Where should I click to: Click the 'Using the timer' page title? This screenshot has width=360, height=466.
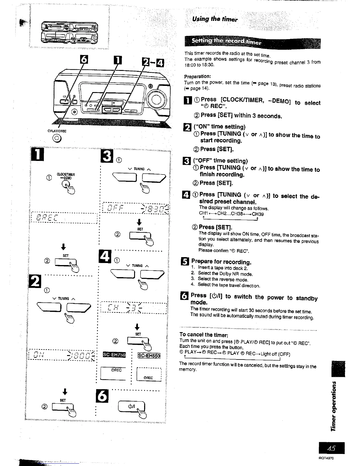[x=215, y=20]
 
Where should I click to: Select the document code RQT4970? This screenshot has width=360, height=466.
[x=326, y=458]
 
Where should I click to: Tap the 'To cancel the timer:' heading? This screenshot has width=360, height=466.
[x=204, y=335]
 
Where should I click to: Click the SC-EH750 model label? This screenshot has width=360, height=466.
[x=114, y=355]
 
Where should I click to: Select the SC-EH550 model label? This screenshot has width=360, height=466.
[x=149, y=355]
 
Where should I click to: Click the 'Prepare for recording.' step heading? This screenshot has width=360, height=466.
[x=221, y=262]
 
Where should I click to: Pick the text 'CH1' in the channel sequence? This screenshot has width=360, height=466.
[x=203, y=213]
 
